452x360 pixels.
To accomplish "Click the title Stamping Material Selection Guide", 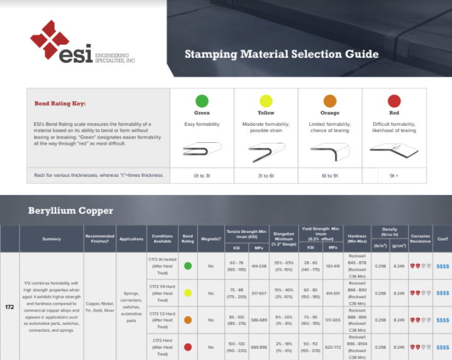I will pos(281,54).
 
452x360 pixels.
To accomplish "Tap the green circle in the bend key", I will pos(201,101).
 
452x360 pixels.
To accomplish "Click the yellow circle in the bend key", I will pos(266,101).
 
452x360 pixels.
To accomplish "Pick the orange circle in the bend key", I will pos(330,101).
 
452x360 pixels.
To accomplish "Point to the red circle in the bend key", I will pos(394,101).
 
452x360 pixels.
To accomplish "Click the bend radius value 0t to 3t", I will pos(201,175).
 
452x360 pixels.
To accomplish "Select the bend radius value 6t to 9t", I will pos(330,175).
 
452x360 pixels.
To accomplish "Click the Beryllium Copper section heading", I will pos(71,210).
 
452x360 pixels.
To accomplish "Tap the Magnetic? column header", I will pos(211,239).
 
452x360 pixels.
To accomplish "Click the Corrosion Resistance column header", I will pos(420,239).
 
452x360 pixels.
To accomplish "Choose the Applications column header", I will pos(132,239).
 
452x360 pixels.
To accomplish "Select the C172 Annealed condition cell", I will pos(162,266).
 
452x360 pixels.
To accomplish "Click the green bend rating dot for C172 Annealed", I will pos(188,266).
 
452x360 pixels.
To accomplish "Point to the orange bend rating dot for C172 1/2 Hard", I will pos(188,320).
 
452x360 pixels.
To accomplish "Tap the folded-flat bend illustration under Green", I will pos(201,150).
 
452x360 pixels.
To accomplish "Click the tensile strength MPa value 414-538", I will pos(258,266).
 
